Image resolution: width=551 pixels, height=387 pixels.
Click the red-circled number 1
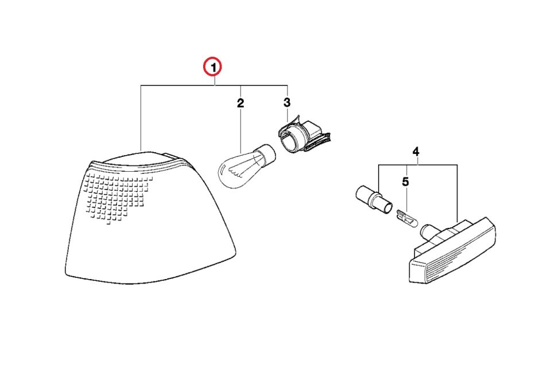coord(214,67)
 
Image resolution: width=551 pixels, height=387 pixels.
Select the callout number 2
coord(240,103)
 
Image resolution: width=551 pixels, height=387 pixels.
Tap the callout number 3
coord(287,103)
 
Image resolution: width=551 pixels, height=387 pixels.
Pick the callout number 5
coord(406,181)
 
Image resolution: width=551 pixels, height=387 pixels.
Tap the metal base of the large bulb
coord(265,154)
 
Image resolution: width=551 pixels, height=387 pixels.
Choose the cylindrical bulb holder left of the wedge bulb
coord(373,200)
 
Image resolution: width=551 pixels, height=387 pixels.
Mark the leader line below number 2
coord(240,130)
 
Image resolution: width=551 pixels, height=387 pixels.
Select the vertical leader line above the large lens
coord(141,118)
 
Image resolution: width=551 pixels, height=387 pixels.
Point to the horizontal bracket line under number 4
coord(418,165)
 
